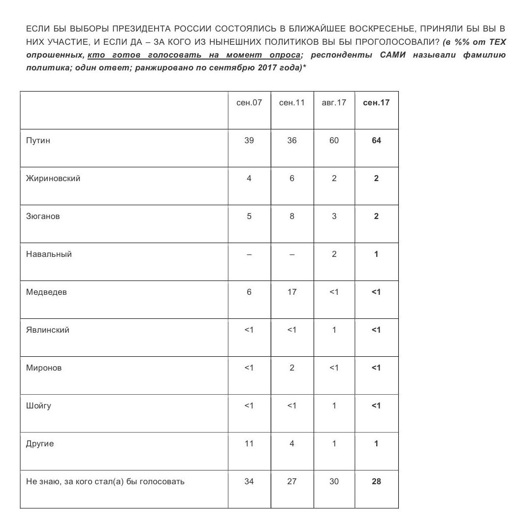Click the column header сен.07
[x=249, y=103]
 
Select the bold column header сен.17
[x=376, y=103]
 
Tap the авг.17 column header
[x=334, y=103]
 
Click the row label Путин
[x=38, y=141]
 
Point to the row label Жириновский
[x=53, y=179]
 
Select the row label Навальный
[x=49, y=254]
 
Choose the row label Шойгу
[x=38, y=406]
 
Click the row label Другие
[x=40, y=444]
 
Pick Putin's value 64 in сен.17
[x=376, y=141]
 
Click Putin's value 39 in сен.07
[x=249, y=141]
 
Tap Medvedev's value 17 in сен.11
[x=292, y=292]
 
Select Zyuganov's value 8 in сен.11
[x=292, y=217]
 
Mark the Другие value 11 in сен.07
[x=249, y=444]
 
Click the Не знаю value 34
[x=249, y=482]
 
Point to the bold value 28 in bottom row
[x=376, y=482]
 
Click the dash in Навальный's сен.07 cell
[x=249, y=254]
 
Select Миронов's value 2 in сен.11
[x=292, y=368]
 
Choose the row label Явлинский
[x=48, y=330]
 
